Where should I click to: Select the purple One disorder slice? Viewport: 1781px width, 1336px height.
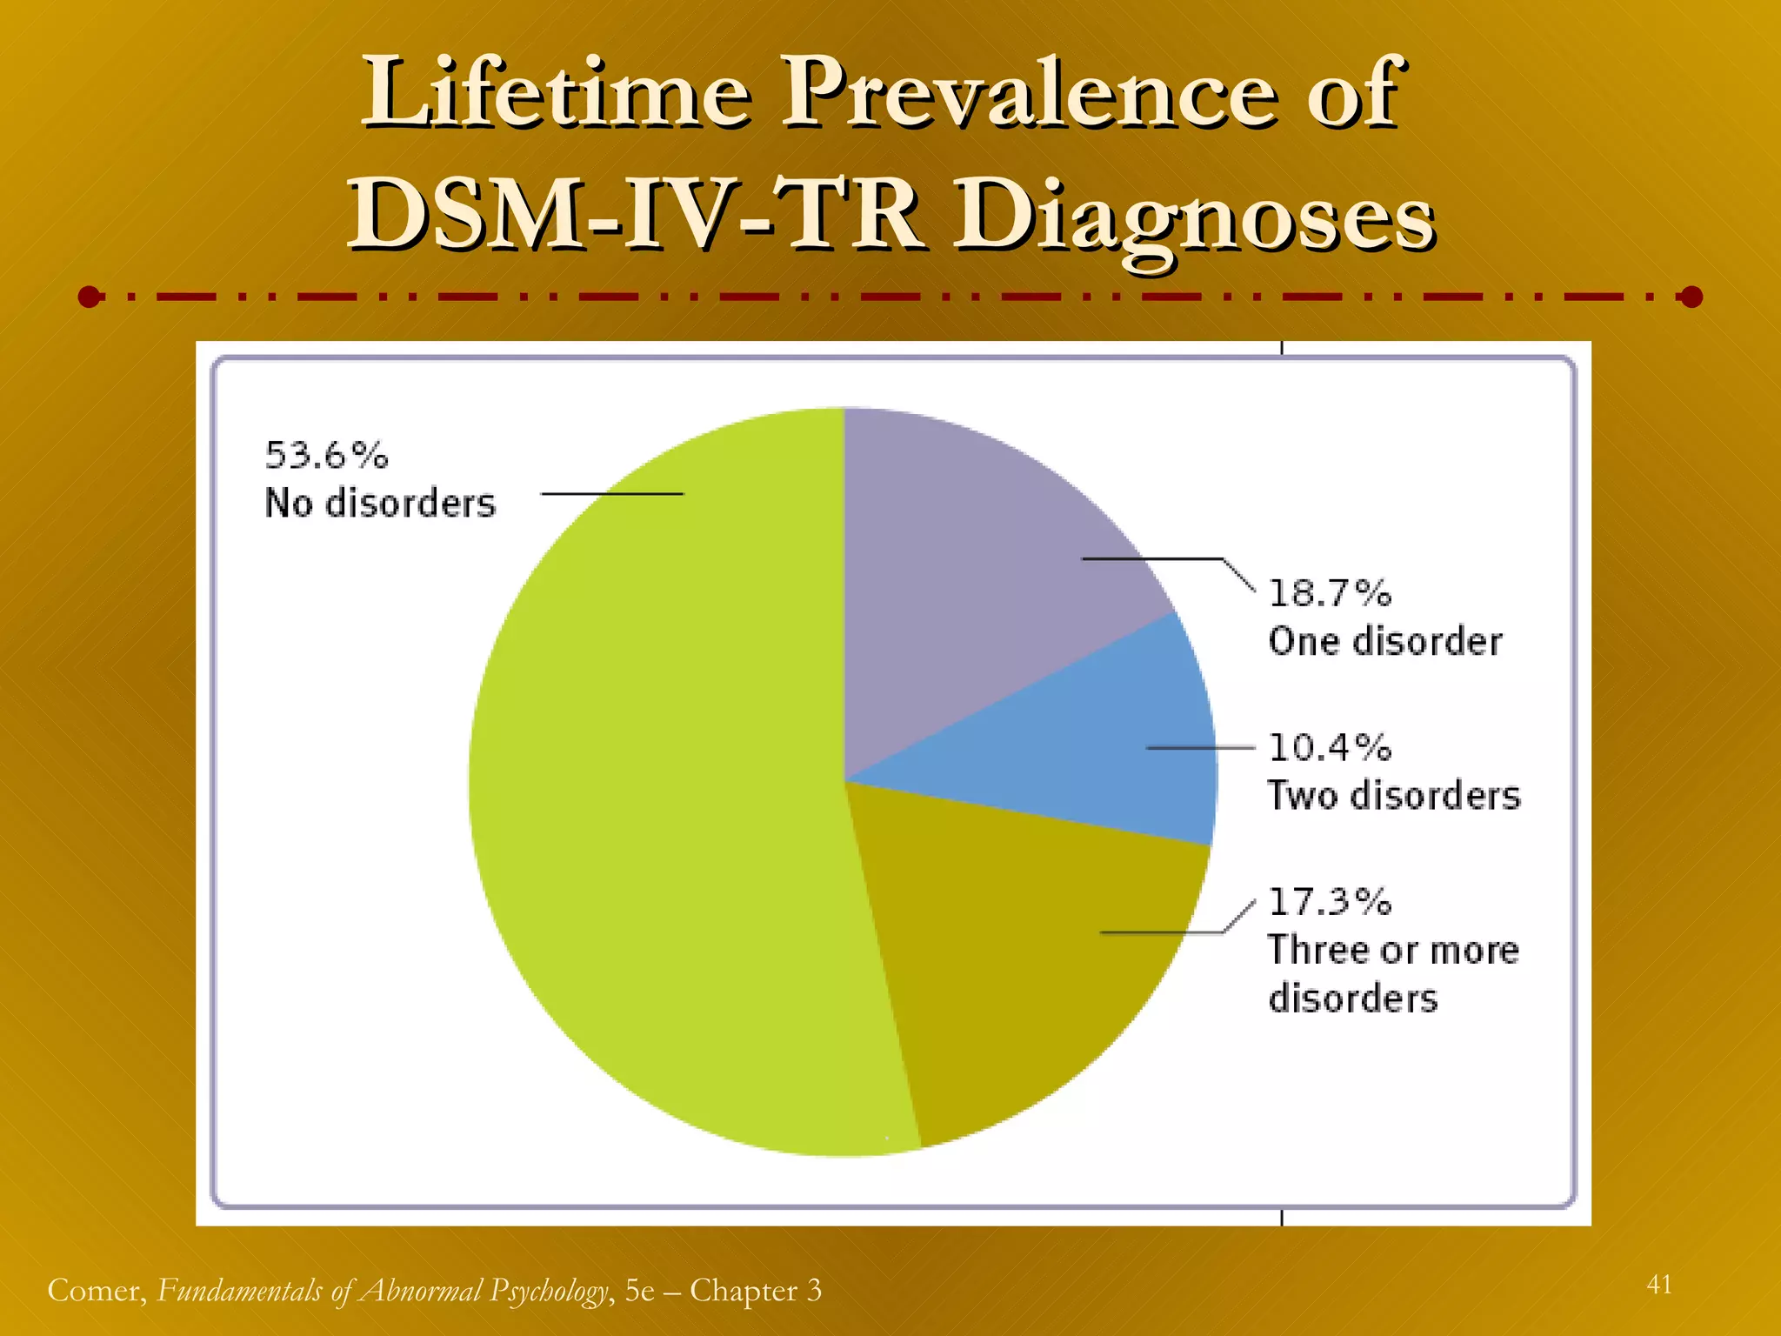click(983, 565)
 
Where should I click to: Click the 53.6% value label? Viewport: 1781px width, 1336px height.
click(326, 456)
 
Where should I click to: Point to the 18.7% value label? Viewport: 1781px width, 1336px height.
click(1330, 593)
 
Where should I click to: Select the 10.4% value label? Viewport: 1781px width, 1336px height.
click(1330, 747)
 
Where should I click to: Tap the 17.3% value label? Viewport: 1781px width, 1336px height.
click(1330, 902)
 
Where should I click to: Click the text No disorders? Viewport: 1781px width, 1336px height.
click(380, 504)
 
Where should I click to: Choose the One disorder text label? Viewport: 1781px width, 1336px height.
click(1384, 642)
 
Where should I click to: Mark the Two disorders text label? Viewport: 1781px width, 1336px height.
click(1394, 796)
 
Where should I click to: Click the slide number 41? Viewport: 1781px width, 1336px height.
click(1659, 1285)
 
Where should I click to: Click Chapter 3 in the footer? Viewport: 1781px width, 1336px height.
click(755, 1291)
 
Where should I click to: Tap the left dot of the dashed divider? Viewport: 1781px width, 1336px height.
click(90, 297)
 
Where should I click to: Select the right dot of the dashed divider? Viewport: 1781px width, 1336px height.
click(1691, 297)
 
